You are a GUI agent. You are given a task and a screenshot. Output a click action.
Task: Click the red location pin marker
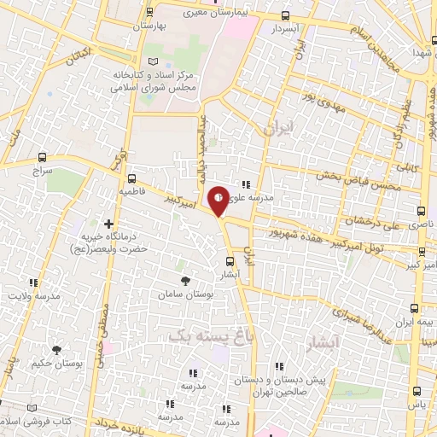[219, 200]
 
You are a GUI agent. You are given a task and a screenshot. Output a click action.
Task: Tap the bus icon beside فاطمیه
[131, 179]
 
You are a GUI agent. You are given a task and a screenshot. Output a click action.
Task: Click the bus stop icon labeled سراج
[44, 158]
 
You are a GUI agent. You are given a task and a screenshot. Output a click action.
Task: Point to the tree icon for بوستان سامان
[186, 280]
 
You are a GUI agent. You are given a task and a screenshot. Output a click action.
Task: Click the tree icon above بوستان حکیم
[56, 350]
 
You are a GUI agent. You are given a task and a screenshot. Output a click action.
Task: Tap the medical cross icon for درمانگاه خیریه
[108, 224]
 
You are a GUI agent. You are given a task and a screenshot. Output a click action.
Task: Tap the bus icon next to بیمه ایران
[414, 308]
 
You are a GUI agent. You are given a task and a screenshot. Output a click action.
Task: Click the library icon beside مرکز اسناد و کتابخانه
[154, 62]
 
